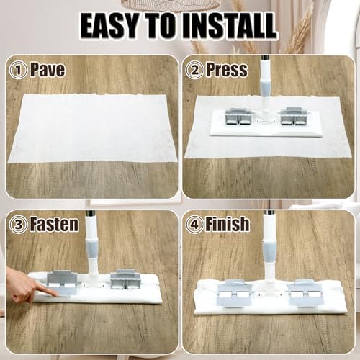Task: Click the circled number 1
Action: [18, 70]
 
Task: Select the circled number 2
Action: [194, 70]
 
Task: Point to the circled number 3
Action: [18, 225]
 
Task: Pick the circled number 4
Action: [194, 225]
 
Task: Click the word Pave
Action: [48, 70]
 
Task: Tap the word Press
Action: [227, 70]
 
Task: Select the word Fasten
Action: [55, 224]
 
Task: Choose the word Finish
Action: [228, 224]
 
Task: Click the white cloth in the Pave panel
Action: [93, 128]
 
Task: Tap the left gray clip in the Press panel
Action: [237, 117]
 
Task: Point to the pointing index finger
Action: [45, 292]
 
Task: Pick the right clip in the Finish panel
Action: [304, 293]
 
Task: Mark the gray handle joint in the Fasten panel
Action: [92, 247]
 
